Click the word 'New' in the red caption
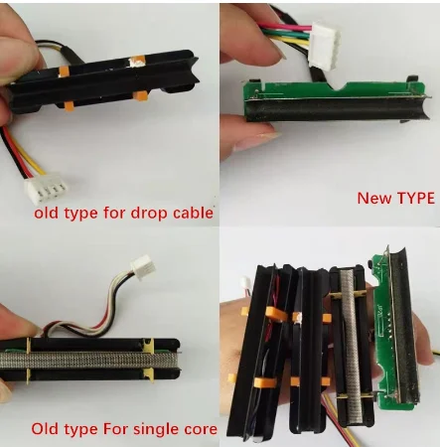tap(372, 198)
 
